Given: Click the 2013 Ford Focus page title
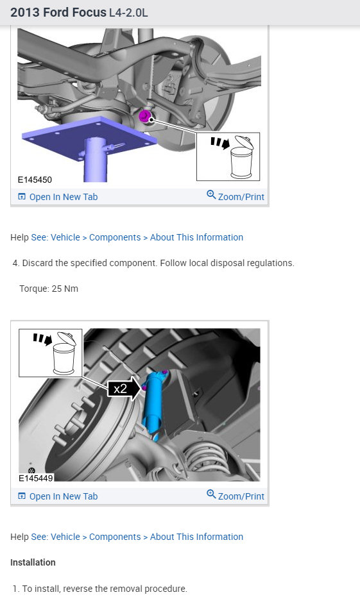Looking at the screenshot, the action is (x=79, y=13).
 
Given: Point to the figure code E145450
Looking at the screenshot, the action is (x=35, y=180).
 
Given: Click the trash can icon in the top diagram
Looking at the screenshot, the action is (x=243, y=157).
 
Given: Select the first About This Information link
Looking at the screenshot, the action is (x=196, y=237).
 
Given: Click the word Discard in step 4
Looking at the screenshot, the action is (x=38, y=263).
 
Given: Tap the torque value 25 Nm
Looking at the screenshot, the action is (x=65, y=289).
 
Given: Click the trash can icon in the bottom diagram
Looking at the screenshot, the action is (x=65, y=353).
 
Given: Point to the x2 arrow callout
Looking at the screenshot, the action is (x=124, y=389).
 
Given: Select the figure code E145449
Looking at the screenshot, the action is (x=35, y=478).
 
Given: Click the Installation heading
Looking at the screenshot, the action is (x=33, y=562).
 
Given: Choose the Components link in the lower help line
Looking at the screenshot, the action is (x=115, y=537).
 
